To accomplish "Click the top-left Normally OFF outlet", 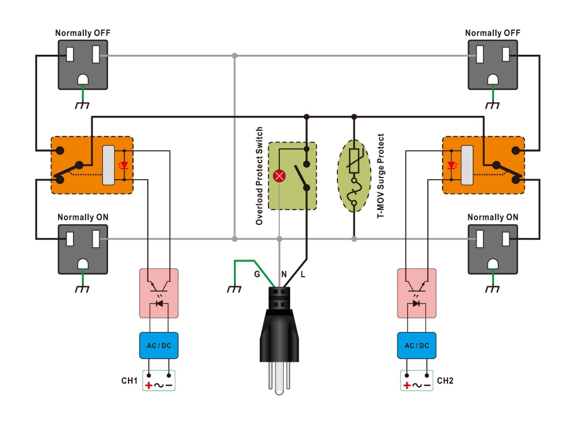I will [83, 64].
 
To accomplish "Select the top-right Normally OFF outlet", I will [492, 64].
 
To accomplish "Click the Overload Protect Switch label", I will [259, 176].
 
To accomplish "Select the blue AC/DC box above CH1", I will [159, 345].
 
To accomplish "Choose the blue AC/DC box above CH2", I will [417, 345].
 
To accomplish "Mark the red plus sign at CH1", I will [149, 386].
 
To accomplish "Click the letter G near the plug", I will [258, 274].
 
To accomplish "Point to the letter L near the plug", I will [303, 274].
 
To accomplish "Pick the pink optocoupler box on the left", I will [159, 292].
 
